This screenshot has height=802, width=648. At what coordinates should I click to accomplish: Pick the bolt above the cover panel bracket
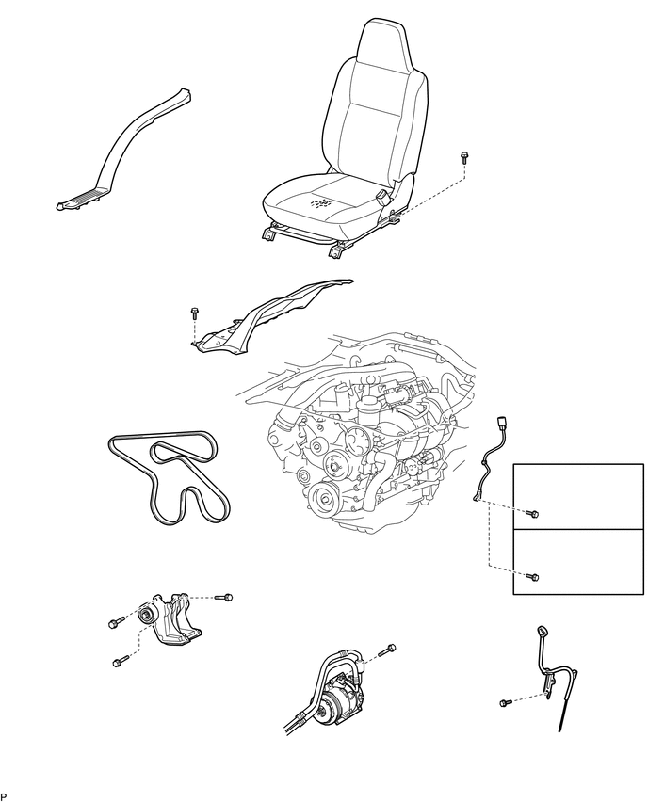click(194, 313)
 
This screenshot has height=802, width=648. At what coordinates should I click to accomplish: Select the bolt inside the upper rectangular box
click(531, 514)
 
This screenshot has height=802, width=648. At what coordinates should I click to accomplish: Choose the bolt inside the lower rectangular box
click(532, 575)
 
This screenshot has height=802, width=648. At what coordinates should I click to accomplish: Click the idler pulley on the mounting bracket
click(145, 616)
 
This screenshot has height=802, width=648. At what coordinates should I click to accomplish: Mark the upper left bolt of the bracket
click(113, 622)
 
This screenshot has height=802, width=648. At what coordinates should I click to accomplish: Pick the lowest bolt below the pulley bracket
click(117, 662)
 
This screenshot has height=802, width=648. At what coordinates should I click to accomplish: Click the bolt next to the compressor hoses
click(390, 649)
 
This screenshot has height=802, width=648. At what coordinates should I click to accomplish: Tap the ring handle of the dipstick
click(542, 633)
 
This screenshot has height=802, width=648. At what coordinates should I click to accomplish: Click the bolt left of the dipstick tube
click(505, 701)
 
